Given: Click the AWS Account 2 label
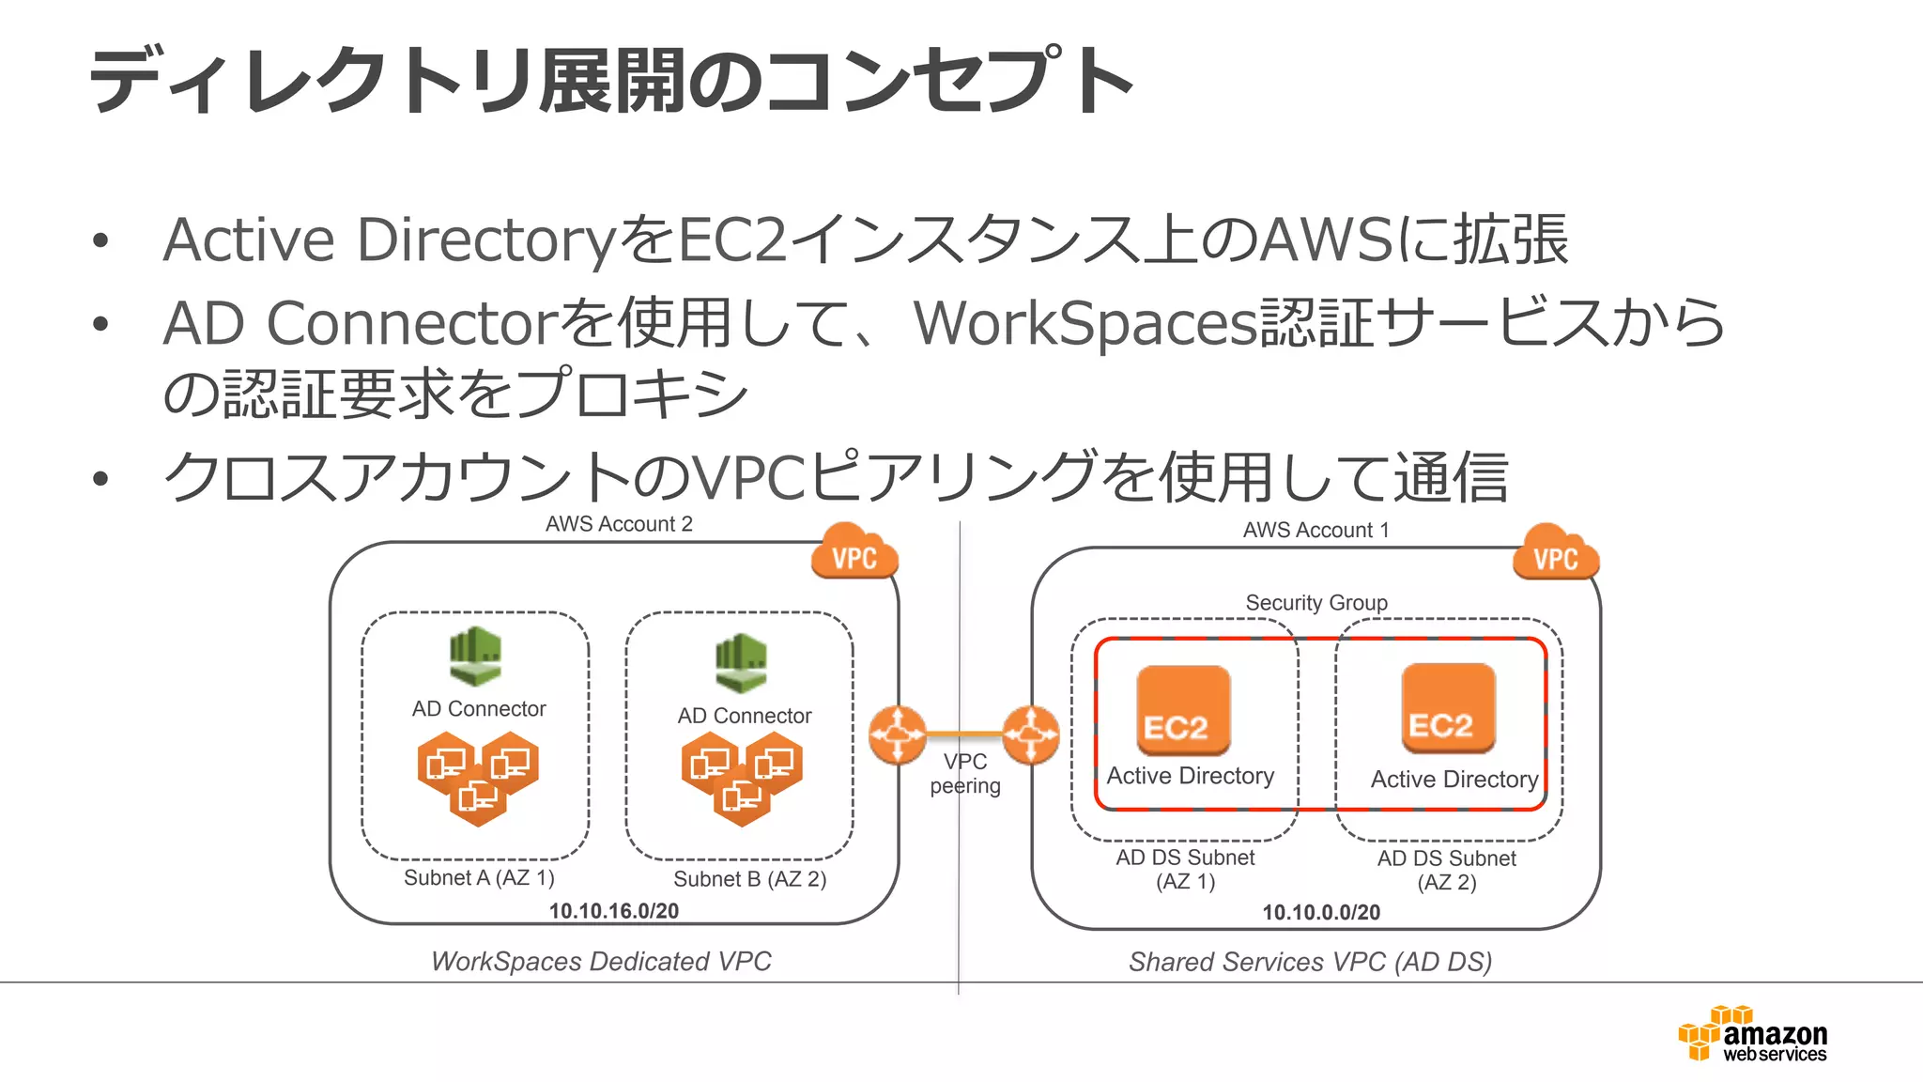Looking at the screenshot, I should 619,524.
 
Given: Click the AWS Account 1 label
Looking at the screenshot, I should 1315,530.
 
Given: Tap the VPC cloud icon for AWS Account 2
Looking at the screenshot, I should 854,553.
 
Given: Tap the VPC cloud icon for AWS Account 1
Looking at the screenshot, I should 1555,554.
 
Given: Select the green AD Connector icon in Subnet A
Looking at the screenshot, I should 475,656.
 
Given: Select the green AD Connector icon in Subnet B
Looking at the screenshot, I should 741,662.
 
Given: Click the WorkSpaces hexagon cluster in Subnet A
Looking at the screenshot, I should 478,779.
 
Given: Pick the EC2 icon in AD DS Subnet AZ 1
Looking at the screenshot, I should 1183,710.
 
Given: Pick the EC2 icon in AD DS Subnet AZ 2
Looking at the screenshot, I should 1448,708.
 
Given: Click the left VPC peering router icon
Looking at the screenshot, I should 898,734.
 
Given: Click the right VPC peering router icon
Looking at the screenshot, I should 1031,734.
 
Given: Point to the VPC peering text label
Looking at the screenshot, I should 965,774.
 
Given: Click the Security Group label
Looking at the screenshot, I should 1315,603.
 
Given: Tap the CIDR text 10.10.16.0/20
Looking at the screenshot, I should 613,911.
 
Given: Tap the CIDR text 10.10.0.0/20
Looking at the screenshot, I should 1320,912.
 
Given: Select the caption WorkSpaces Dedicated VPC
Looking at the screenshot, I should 601,962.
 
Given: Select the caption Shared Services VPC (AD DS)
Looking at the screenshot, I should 1310,962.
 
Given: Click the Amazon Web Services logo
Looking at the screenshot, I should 1753,1034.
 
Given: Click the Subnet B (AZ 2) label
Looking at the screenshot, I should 749,879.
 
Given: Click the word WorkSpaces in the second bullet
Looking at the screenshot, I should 1085,324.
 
